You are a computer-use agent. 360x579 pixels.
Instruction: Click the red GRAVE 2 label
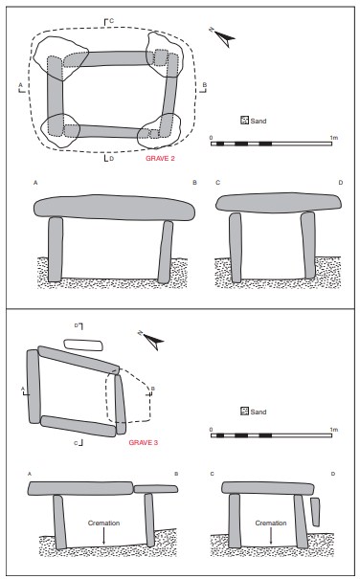[x=160, y=159]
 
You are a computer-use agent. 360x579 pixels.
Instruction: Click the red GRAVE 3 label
[x=144, y=442]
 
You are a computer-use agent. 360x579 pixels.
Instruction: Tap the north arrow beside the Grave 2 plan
[x=223, y=36]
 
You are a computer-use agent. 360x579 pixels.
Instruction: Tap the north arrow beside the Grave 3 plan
[x=151, y=340]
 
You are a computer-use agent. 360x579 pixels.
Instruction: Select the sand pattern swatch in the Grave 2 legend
[x=244, y=121]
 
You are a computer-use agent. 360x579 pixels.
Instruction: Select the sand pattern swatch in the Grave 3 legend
[x=244, y=412]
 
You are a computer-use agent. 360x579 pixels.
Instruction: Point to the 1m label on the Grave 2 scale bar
[x=334, y=138]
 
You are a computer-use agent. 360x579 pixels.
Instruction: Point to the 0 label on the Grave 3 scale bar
[x=211, y=430]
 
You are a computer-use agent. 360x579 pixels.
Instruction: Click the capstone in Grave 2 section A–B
[x=115, y=208]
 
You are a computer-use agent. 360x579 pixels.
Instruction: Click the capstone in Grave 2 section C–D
[x=279, y=203]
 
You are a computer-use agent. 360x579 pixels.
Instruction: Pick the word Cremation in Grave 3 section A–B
[x=103, y=523]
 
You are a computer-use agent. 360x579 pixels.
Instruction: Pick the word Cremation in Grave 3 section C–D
[x=271, y=523]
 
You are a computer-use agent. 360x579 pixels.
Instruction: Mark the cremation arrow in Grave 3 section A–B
[x=103, y=535]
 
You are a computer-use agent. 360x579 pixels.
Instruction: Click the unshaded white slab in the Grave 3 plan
[x=83, y=345]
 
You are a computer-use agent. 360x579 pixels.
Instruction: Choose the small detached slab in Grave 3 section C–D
[x=315, y=512]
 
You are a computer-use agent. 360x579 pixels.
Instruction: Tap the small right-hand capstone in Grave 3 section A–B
[x=156, y=489]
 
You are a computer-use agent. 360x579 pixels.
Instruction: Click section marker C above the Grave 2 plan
[x=108, y=21]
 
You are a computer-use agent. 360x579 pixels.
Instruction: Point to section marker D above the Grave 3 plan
[x=79, y=325]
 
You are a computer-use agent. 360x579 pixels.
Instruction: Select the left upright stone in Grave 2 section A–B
[x=56, y=249]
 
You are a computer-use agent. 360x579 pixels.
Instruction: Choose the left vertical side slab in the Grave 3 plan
[x=34, y=387]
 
